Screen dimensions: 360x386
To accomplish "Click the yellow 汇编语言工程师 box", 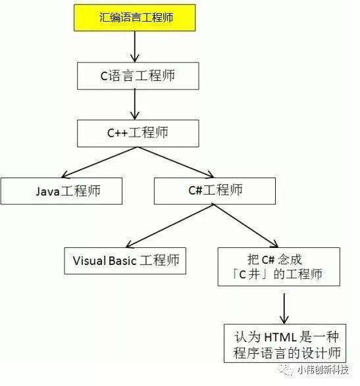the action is click(135, 18).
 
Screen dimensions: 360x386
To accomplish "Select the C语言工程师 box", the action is click(138, 76).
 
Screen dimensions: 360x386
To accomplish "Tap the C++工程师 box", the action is click(138, 133).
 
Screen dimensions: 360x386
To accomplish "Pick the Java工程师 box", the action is click(61, 191).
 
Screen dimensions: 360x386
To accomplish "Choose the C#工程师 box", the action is click(215, 191).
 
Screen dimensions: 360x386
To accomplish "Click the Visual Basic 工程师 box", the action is click(125, 260).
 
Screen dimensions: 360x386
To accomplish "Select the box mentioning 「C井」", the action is click(279, 266).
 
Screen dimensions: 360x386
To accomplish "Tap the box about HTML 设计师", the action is click(285, 343).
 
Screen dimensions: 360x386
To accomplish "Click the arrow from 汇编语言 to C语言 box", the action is click(135, 47).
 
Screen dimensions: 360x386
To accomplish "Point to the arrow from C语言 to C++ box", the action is click(135, 105).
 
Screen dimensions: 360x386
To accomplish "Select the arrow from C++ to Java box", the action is click(99, 162).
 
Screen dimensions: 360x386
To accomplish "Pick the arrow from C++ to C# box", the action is click(176, 162).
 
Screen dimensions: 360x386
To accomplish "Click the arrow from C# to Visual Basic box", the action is click(170, 226).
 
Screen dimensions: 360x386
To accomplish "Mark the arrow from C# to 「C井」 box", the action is click(246, 226).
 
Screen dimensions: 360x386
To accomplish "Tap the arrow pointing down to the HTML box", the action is click(284, 308).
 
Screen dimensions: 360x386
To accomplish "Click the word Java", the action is click(48, 191).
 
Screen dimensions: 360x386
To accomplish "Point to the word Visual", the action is click(90, 260).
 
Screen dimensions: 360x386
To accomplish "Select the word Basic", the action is click(122, 260).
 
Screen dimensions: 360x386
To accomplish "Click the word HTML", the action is click(280, 337).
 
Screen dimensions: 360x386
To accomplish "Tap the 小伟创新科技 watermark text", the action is click(323, 370).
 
